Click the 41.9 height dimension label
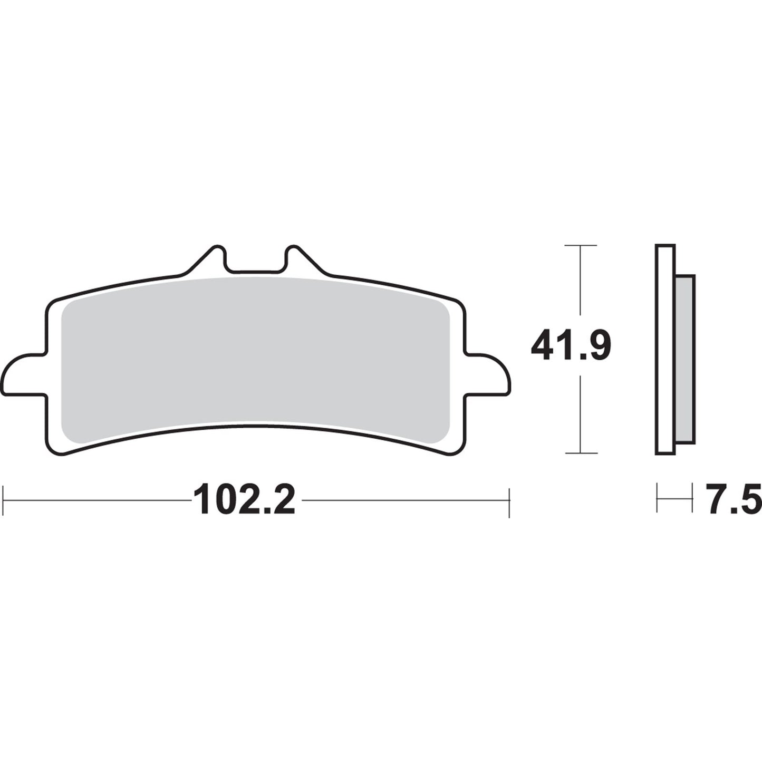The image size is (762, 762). pos(571,346)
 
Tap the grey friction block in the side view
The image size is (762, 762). pos(685,358)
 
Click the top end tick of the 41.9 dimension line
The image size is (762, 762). pos(580,246)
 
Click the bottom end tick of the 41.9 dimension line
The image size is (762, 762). pos(580,452)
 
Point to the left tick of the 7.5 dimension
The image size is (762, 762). pos(657,496)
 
